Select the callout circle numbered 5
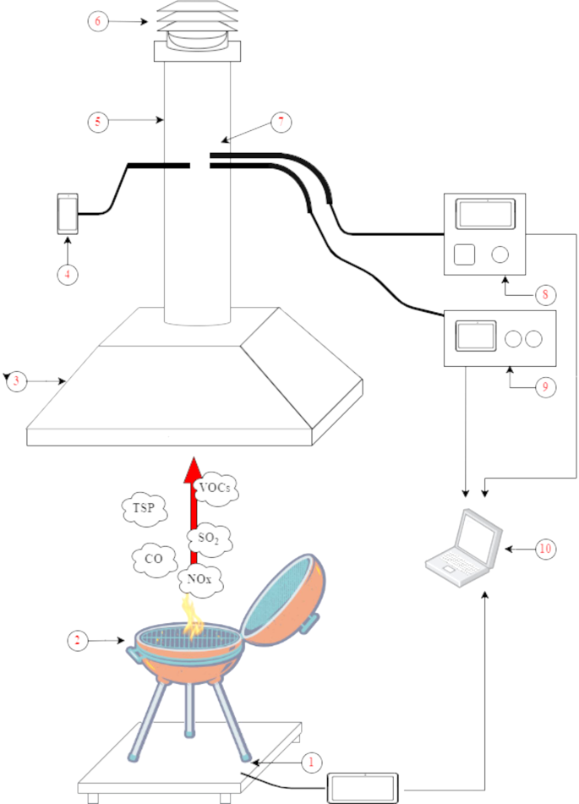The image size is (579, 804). pyautogui.click(x=99, y=121)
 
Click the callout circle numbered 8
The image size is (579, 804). pyautogui.click(x=545, y=295)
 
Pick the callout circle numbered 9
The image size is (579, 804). pyautogui.click(x=545, y=386)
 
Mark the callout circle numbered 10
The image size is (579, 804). pyautogui.click(x=545, y=549)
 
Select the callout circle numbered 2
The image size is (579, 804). pyautogui.click(x=79, y=641)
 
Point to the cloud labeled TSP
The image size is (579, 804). pyautogui.click(x=145, y=510)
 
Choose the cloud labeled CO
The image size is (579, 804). pyautogui.click(x=154, y=560)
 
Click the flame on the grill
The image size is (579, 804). pyautogui.click(x=192, y=615)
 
